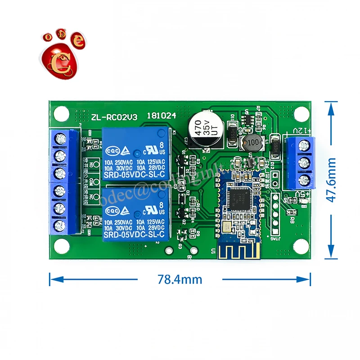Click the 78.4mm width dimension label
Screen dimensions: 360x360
pos(180,279)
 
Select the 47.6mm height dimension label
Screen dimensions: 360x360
pos(332,180)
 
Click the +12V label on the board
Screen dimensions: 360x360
pos(303,131)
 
